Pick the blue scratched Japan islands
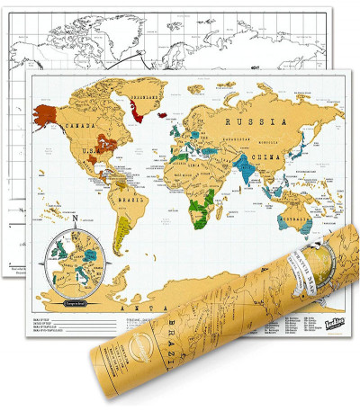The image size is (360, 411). (x=307, y=148)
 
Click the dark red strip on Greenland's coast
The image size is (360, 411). (x=136, y=112)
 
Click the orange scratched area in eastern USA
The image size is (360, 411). (x=107, y=143)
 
